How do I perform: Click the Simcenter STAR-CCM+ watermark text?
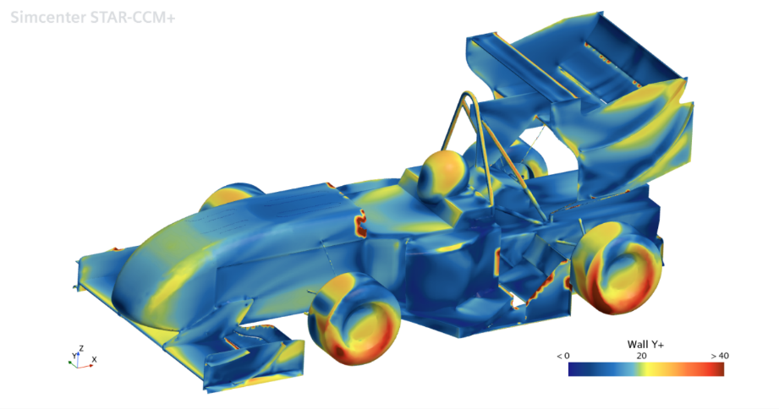(93, 18)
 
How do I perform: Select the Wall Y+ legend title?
(645, 344)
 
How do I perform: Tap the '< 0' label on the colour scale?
(562, 356)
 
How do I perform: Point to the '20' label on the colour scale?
(641, 356)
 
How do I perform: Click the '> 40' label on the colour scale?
(720, 356)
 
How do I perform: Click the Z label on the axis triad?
(81, 348)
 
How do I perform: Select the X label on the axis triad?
(95, 360)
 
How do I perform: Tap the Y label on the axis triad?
(74, 356)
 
